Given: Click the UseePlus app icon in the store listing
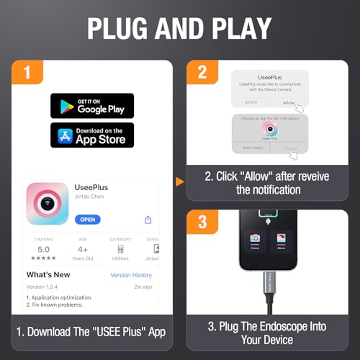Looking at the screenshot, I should pos(48,204).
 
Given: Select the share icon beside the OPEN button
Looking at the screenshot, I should pos(148,219).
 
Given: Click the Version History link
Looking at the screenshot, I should pos(131,275).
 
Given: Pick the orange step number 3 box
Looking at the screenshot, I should pos(202,222).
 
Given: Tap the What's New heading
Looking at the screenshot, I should pos(48,275).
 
